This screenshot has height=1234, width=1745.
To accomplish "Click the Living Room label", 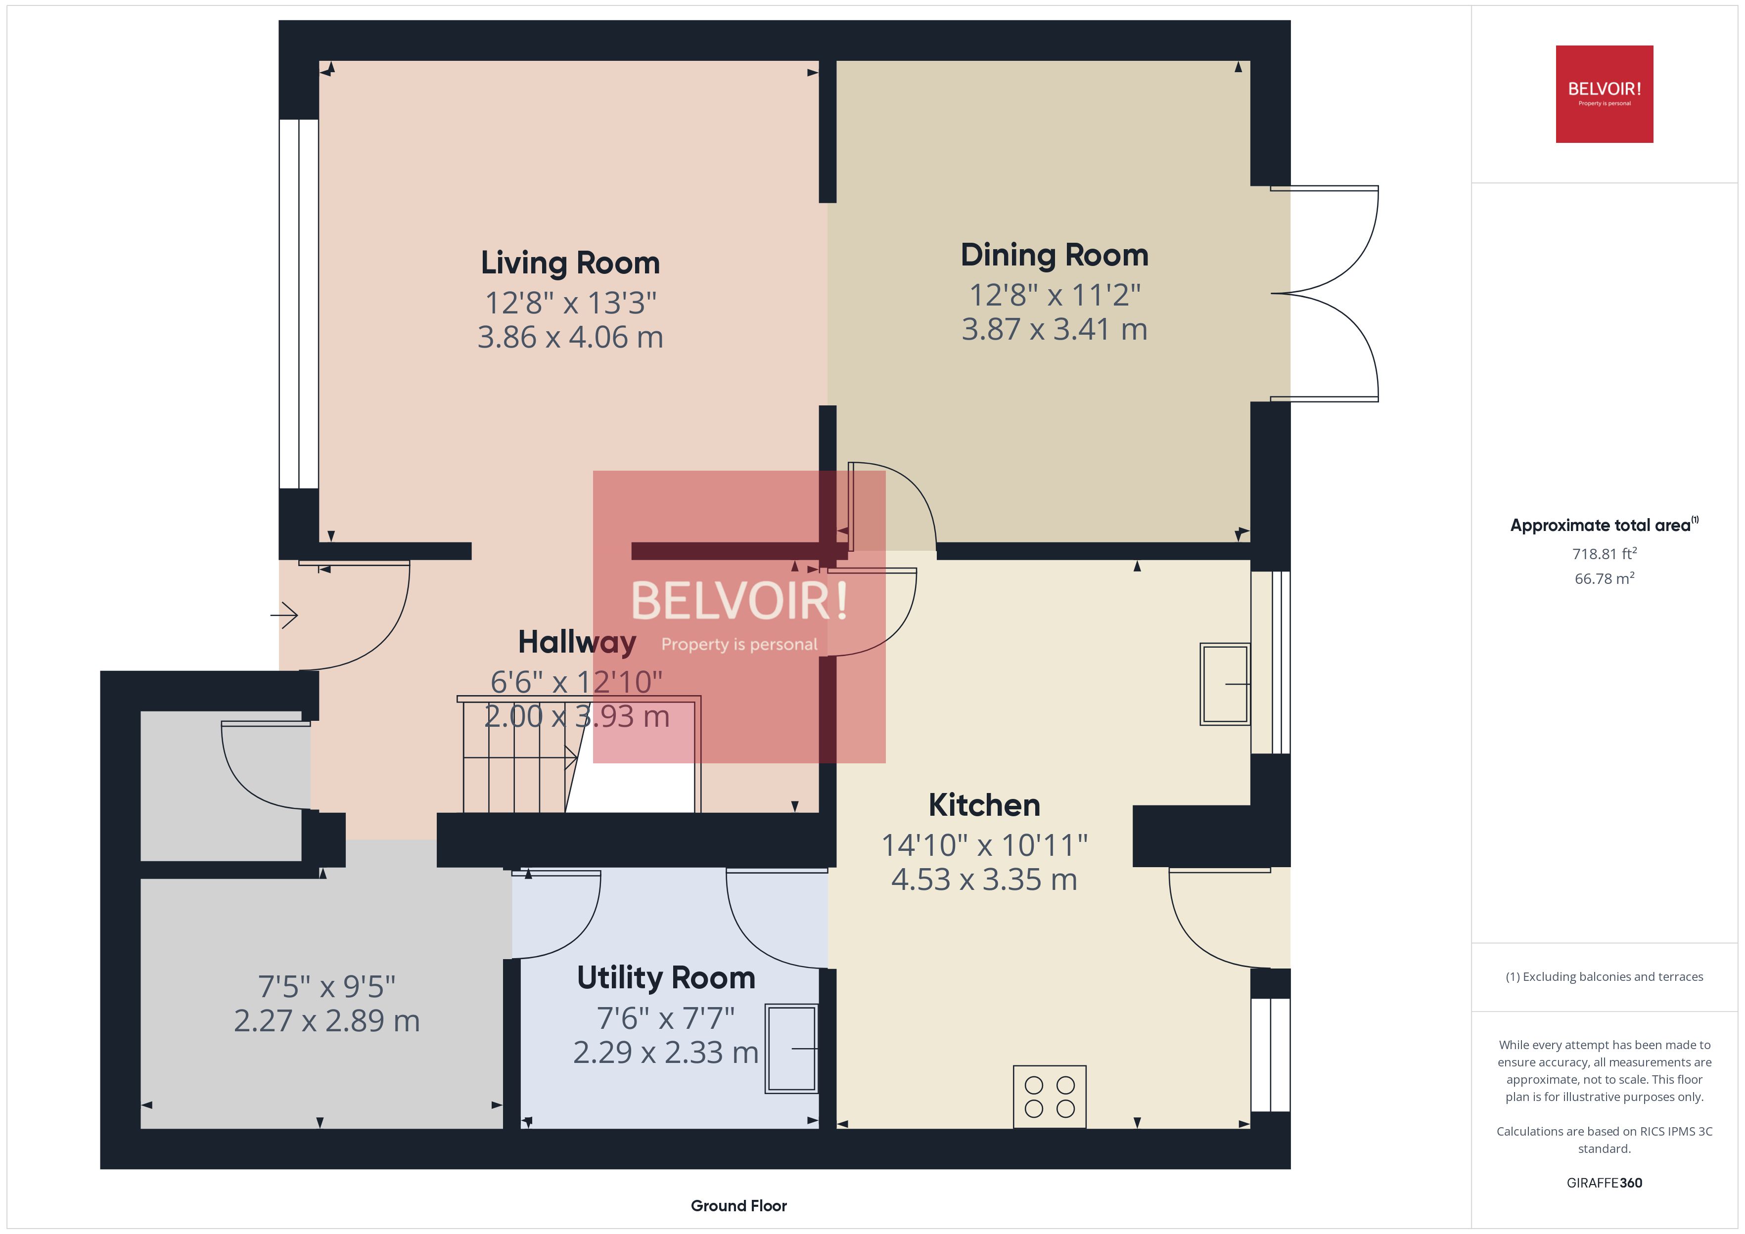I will (x=570, y=263).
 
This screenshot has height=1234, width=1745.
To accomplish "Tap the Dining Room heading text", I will (x=1054, y=255).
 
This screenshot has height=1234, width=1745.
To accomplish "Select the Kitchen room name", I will (x=984, y=805).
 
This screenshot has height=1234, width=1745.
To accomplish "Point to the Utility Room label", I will (x=666, y=978).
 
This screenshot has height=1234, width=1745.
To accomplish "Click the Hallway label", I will (x=576, y=642).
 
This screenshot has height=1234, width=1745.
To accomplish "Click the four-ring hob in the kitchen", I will (x=1050, y=1097).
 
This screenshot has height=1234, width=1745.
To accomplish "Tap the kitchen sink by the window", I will (x=1224, y=684).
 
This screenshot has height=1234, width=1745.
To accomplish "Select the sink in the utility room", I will (x=791, y=1049).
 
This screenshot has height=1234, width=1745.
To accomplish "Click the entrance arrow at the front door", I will (x=284, y=615).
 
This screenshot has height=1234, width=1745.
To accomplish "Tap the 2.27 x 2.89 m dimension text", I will (x=327, y=1020).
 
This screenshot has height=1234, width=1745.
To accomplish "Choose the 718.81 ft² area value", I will (x=1604, y=554).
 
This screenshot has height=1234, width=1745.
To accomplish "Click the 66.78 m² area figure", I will (x=1604, y=579).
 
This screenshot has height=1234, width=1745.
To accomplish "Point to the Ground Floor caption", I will (x=738, y=1206).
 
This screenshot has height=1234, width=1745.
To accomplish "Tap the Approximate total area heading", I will (x=1603, y=525).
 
